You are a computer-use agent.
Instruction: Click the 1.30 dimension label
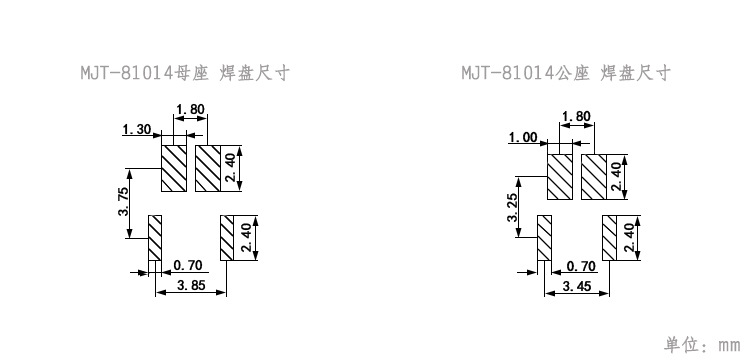(136, 130)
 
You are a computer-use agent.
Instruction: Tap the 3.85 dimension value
(191, 286)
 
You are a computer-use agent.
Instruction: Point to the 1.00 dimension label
(523, 138)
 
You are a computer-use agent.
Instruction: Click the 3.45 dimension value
(577, 286)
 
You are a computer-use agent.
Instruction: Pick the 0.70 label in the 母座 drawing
(188, 265)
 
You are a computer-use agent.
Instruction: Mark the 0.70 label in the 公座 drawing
(581, 266)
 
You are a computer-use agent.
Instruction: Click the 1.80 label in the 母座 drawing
(190, 109)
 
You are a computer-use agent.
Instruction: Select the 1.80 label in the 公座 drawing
(576, 117)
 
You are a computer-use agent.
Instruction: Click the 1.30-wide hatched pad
(175, 169)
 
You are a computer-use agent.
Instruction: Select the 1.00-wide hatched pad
(559, 177)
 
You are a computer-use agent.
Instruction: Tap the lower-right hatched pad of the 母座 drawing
(226, 238)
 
